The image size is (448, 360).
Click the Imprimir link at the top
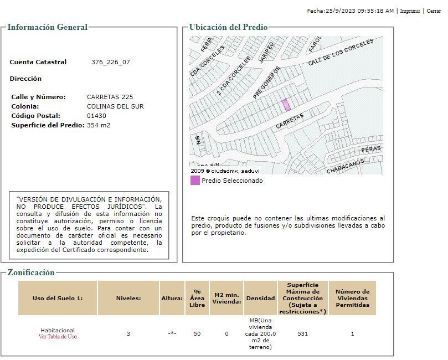click(x=410, y=11)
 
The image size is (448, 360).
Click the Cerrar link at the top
click(x=434, y=11)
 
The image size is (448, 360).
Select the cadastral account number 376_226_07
click(x=111, y=62)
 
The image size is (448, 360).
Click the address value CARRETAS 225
click(x=110, y=97)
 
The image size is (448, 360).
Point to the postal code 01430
click(x=96, y=116)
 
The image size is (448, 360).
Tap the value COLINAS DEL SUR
click(x=115, y=106)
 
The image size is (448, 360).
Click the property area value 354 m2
click(x=99, y=125)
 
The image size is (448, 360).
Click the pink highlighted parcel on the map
click(x=286, y=105)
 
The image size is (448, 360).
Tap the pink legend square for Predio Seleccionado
click(x=195, y=180)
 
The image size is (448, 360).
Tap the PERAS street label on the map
click(x=371, y=150)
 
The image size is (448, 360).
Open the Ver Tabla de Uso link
click(x=58, y=337)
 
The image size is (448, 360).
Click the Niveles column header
click(x=128, y=298)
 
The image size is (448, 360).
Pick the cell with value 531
click(x=302, y=334)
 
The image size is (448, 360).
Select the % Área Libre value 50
click(x=197, y=334)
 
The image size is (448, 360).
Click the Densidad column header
click(x=260, y=298)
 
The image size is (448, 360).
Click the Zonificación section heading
click(x=31, y=272)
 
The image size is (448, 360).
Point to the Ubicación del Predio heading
click(x=228, y=27)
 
